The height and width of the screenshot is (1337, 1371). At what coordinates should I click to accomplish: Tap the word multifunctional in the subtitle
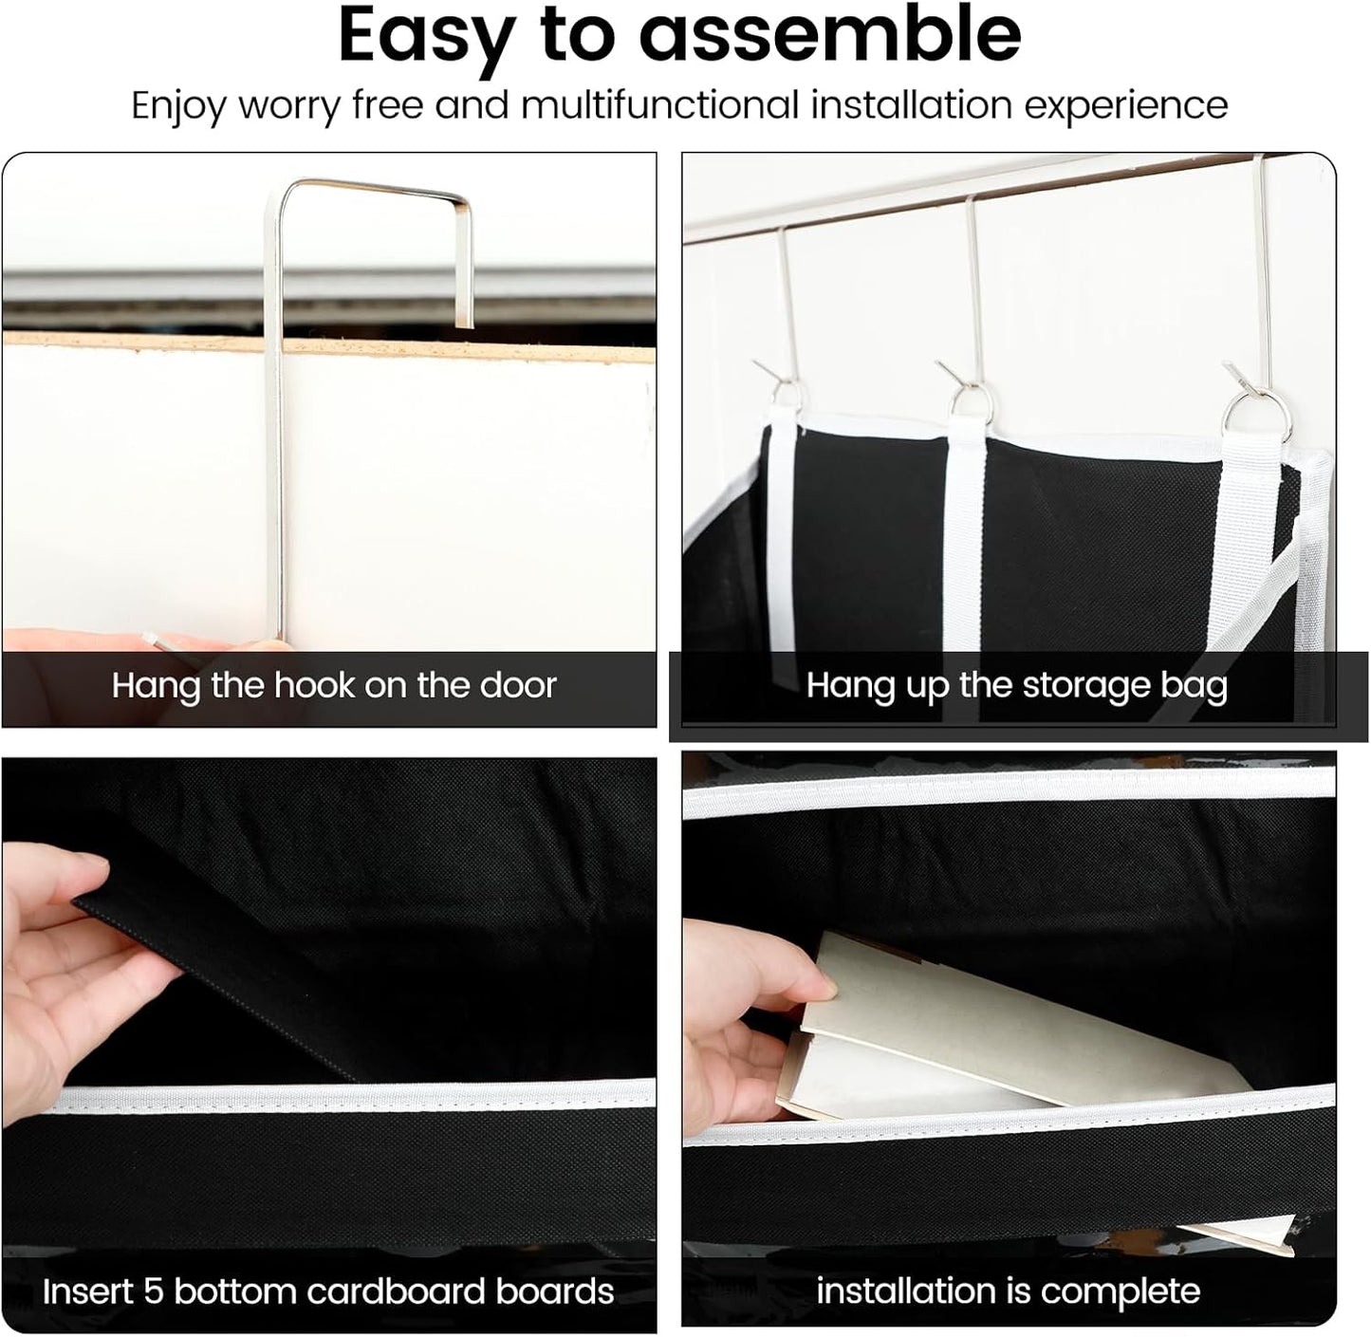(x=660, y=104)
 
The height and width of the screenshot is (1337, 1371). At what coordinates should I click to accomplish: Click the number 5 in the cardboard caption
(x=155, y=1291)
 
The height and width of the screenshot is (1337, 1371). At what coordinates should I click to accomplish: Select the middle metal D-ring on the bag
(x=973, y=402)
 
